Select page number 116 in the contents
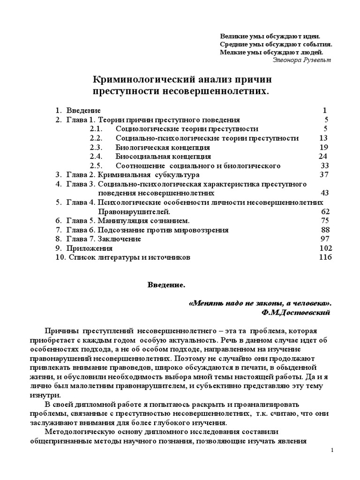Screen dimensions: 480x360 point(325,257)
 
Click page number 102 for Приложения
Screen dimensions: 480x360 point(325,248)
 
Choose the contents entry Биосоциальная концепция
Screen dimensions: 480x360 point(163,157)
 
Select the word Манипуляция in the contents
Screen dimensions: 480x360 point(120,220)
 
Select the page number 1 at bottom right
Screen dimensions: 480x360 point(332,450)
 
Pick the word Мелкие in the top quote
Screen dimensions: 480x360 point(232,52)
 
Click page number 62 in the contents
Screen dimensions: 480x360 point(325,211)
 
